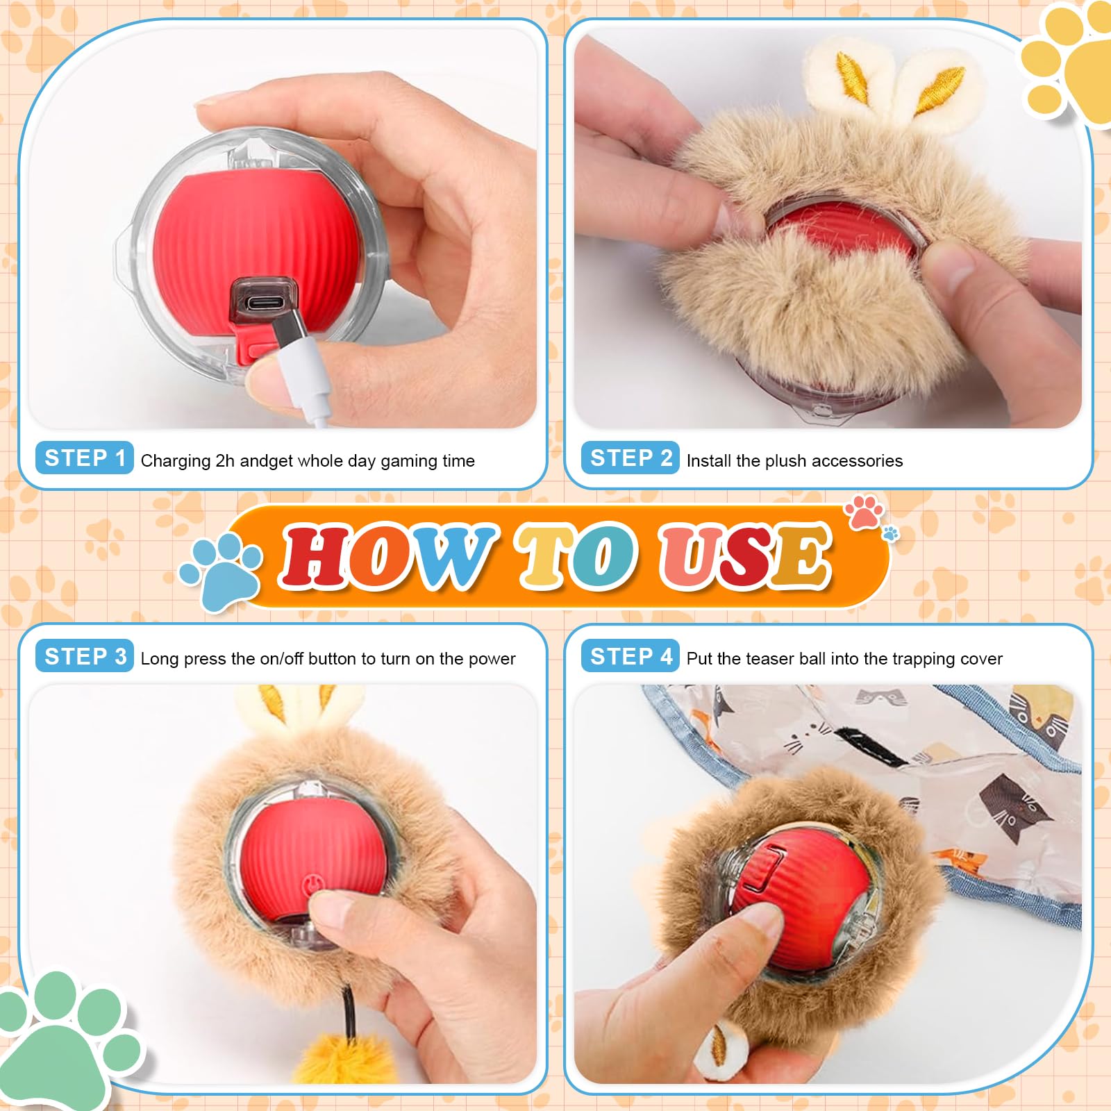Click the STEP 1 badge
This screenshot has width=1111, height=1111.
click(84, 458)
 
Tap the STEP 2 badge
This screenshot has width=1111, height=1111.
click(630, 458)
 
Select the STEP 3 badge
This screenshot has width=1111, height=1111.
click(84, 656)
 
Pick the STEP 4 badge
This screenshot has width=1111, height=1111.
click(630, 656)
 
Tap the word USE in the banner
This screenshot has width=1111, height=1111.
click(746, 556)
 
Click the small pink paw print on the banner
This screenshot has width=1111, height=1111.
click(864, 512)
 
